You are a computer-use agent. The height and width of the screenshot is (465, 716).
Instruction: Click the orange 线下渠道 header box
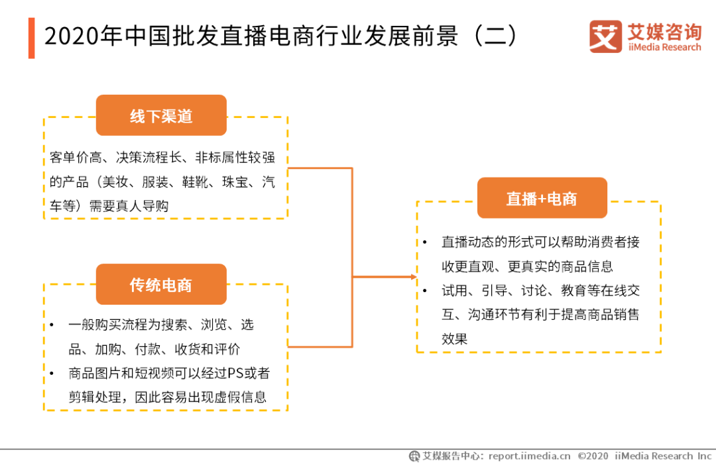point(161,116)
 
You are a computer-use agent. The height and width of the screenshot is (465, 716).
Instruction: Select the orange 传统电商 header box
point(161,285)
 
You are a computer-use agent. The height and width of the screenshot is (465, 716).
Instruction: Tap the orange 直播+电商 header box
point(542,198)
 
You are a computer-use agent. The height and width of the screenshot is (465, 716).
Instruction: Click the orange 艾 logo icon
point(605,37)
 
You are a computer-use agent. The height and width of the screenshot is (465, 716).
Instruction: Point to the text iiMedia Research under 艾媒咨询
point(664,47)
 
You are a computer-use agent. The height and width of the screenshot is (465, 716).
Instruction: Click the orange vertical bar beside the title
point(31,38)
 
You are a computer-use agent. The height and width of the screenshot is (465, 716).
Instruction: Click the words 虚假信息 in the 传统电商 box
point(242,397)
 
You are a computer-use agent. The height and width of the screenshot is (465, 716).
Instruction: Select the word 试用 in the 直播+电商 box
point(455,291)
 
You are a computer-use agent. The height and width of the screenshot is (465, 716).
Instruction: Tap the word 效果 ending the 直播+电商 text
point(455,338)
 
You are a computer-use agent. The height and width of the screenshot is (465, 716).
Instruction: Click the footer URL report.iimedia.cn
point(529,456)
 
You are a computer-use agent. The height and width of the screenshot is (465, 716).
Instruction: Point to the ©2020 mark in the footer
point(593,456)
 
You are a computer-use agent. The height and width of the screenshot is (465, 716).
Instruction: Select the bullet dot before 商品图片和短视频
point(52,374)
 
